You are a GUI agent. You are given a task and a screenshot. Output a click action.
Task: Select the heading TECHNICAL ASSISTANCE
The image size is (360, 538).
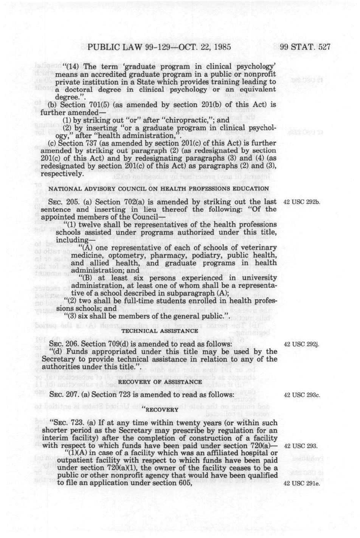click(160, 330)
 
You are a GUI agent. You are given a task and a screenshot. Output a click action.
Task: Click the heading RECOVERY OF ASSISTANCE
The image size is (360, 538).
click(160, 382)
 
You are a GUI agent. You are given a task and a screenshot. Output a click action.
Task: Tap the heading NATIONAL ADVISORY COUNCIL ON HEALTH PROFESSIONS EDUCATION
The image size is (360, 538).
click(159, 189)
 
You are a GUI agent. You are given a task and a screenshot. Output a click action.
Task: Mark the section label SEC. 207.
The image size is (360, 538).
click(64, 395)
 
